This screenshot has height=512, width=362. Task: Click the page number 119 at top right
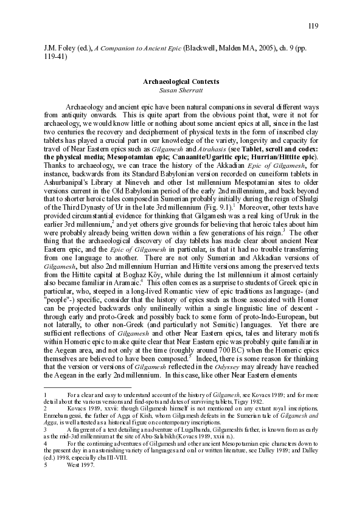coord(313,26)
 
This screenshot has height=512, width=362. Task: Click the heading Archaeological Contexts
coord(181,81)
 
